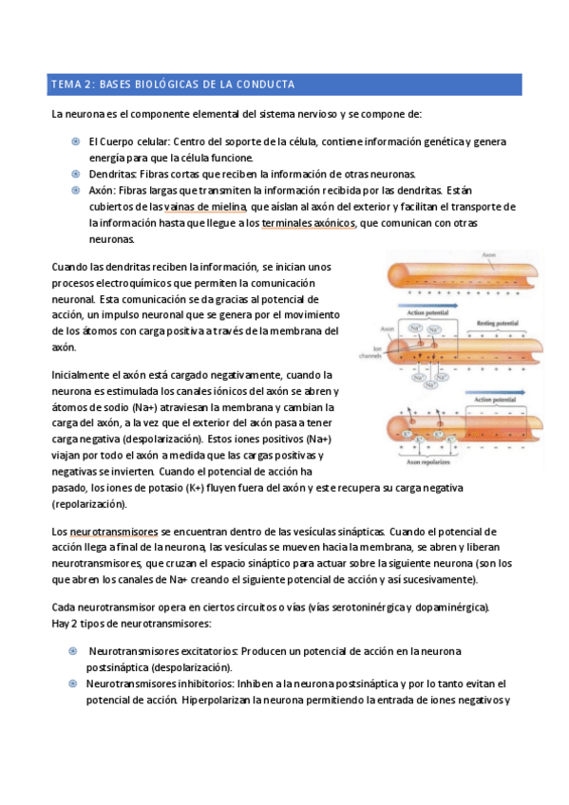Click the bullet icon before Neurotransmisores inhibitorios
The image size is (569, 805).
pyautogui.click(x=75, y=683)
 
